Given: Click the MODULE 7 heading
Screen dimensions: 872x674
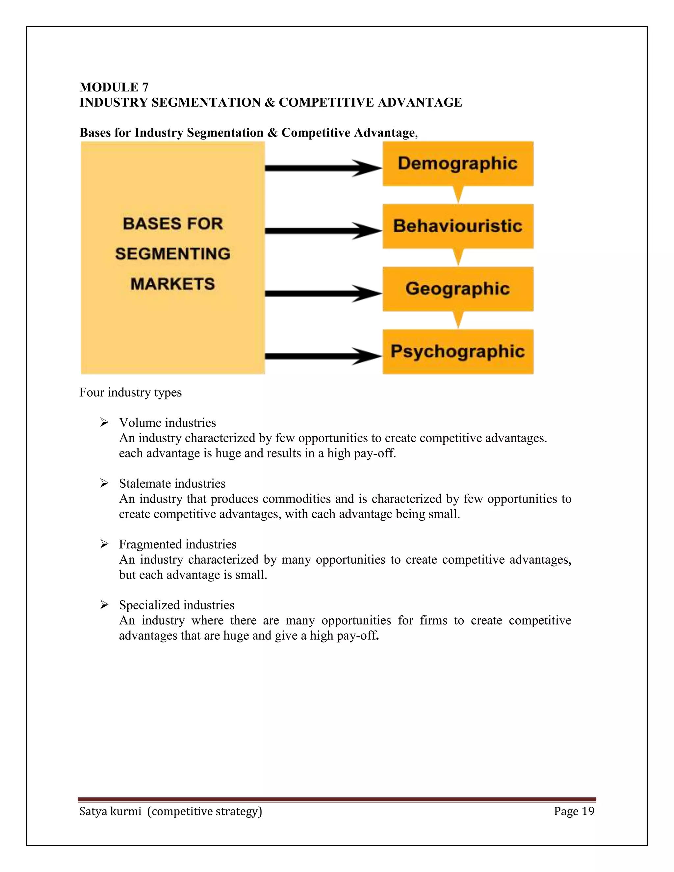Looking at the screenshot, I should (114, 87).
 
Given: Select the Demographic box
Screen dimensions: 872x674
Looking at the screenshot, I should (457, 164).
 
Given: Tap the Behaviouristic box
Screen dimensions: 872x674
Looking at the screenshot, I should (457, 226).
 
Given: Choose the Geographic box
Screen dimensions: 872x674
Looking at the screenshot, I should (457, 289).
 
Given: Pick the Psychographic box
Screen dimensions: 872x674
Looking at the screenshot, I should (457, 351).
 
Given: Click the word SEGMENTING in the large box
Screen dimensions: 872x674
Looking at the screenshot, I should (172, 254).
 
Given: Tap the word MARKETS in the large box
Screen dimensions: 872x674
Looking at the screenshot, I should (172, 284).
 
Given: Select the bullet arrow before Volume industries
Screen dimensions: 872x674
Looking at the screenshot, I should (104, 423).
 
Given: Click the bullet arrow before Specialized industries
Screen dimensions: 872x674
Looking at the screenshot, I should (104, 605).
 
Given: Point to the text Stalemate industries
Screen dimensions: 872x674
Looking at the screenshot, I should (172, 483).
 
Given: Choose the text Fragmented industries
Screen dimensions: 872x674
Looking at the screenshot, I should (177, 544).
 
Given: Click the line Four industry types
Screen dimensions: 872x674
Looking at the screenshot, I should (130, 393).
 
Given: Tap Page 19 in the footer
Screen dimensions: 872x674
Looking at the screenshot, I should (574, 811).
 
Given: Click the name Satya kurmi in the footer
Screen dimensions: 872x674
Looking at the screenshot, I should (110, 811).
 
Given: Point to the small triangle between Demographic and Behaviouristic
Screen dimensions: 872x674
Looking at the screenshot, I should (458, 195).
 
